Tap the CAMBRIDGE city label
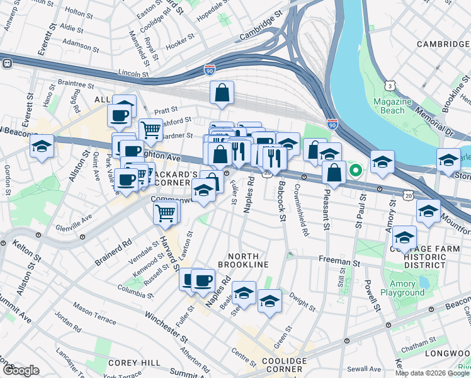point(443,44)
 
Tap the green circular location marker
point(356,169)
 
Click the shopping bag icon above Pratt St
point(222,93)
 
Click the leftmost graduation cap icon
point(42,146)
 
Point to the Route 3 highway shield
point(391,85)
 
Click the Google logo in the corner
point(21,370)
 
